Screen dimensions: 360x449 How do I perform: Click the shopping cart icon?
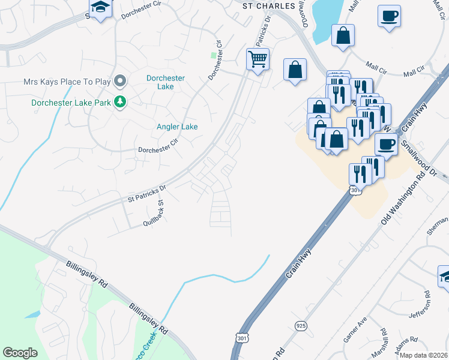[258, 59]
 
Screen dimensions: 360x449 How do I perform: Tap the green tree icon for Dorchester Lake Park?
[121, 103]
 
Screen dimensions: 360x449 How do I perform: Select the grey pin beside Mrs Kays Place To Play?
[121, 81]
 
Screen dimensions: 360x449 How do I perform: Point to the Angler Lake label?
[177, 127]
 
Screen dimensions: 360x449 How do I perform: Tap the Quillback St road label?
[154, 213]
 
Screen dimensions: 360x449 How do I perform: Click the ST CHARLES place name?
[269, 5]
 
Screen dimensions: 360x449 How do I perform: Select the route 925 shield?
[300, 325]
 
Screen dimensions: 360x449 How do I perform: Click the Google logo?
[20, 352]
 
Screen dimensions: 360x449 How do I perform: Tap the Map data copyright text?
[424, 355]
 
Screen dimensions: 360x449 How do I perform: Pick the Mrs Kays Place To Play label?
[68, 81]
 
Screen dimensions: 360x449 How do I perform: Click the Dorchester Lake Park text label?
[71, 103]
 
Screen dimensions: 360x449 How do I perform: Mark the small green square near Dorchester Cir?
[213, 55]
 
